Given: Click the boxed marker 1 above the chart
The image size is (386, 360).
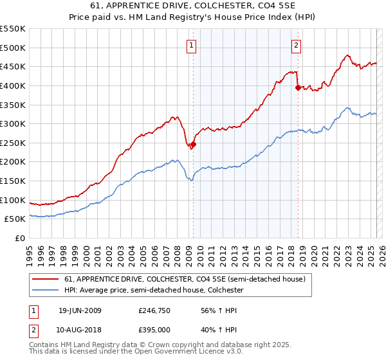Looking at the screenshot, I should pos(192,45).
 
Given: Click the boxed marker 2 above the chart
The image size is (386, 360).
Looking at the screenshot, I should pos(296,45).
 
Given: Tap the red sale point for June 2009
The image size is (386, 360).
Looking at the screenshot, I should pos(193,145).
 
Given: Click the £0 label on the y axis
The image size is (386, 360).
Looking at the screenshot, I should pos(20,239).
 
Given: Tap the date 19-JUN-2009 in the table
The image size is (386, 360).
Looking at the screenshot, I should pos(80,310).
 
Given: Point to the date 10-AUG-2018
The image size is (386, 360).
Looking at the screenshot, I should pos(80,330).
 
